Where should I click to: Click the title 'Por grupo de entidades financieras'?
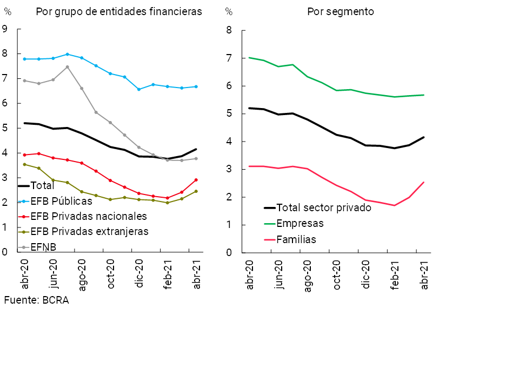pyautogui.click(x=119, y=12)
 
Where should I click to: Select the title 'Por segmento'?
pyautogui.click(x=341, y=12)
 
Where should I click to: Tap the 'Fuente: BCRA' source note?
pyautogui.click(x=37, y=300)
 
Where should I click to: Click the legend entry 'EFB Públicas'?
pyautogui.click(x=61, y=201)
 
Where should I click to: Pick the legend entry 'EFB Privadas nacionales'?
pyautogui.click(x=89, y=216)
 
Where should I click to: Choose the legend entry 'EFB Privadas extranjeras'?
pyautogui.click(x=89, y=232)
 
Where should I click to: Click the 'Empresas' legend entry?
pyautogui.click(x=300, y=224)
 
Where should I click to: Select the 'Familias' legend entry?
pyautogui.click(x=296, y=239)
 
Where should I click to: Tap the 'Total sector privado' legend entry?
pyautogui.click(x=324, y=207)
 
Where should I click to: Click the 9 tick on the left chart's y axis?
pyautogui.click(x=5, y=29)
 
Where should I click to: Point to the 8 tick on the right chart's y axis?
pyautogui.click(x=229, y=30)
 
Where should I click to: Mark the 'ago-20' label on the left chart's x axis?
pyautogui.click(x=82, y=276)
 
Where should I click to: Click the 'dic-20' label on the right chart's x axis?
pyautogui.click(x=366, y=276)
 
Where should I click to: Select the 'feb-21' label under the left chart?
pyautogui.click(x=168, y=276)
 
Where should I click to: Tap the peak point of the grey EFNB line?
pyautogui.click(x=67, y=67)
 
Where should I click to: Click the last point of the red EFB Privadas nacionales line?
pyautogui.click(x=196, y=180)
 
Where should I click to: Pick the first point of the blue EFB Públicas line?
pyautogui.click(x=25, y=59)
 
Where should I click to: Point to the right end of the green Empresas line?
pyautogui.click(x=423, y=95)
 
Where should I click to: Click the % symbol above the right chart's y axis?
pyautogui.click(x=229, y=12)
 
